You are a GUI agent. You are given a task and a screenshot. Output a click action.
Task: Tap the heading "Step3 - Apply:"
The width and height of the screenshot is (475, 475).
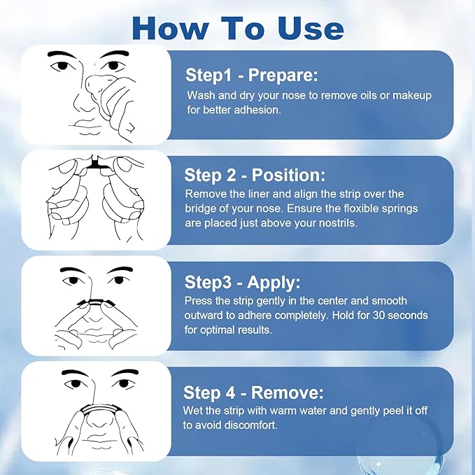(x=242, y=282)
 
